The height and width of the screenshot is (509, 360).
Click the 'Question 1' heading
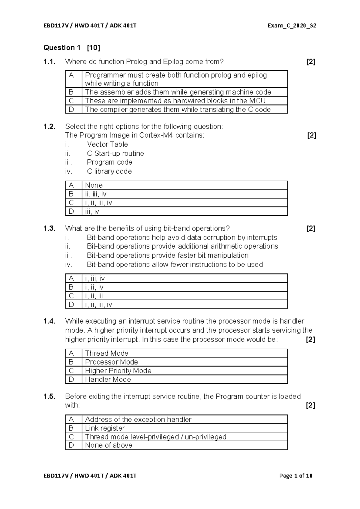(62, 48)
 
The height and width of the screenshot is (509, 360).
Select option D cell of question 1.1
(71, 110)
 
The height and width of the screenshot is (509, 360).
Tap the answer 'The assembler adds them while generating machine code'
(178, 92)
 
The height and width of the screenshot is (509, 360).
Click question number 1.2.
(49, 127)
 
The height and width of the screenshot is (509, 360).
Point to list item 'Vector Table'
(107, 144)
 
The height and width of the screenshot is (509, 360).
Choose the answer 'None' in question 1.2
(94, 185)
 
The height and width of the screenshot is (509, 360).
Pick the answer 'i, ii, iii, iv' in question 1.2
(98, 203)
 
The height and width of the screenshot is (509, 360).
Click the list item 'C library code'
(109, 171)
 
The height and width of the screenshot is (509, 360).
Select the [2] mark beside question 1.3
(310, 229)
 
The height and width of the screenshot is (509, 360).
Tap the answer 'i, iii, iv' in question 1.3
(95, 279)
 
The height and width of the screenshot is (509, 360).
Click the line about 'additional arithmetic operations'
(182, 246)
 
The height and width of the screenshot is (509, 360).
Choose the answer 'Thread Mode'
(106, 354)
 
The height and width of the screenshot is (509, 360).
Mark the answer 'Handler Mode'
(108, 380)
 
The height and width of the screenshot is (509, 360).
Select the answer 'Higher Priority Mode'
(118, 371)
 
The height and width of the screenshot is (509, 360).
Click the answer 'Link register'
(105, 428)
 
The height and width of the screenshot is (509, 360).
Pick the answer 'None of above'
(109, 445)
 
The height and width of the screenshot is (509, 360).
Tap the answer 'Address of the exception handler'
(138, 420)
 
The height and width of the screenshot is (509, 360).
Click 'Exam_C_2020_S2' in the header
(292, 26)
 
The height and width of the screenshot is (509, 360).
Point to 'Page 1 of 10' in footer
(295, 476)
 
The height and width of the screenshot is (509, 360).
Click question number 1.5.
(49, 397)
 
